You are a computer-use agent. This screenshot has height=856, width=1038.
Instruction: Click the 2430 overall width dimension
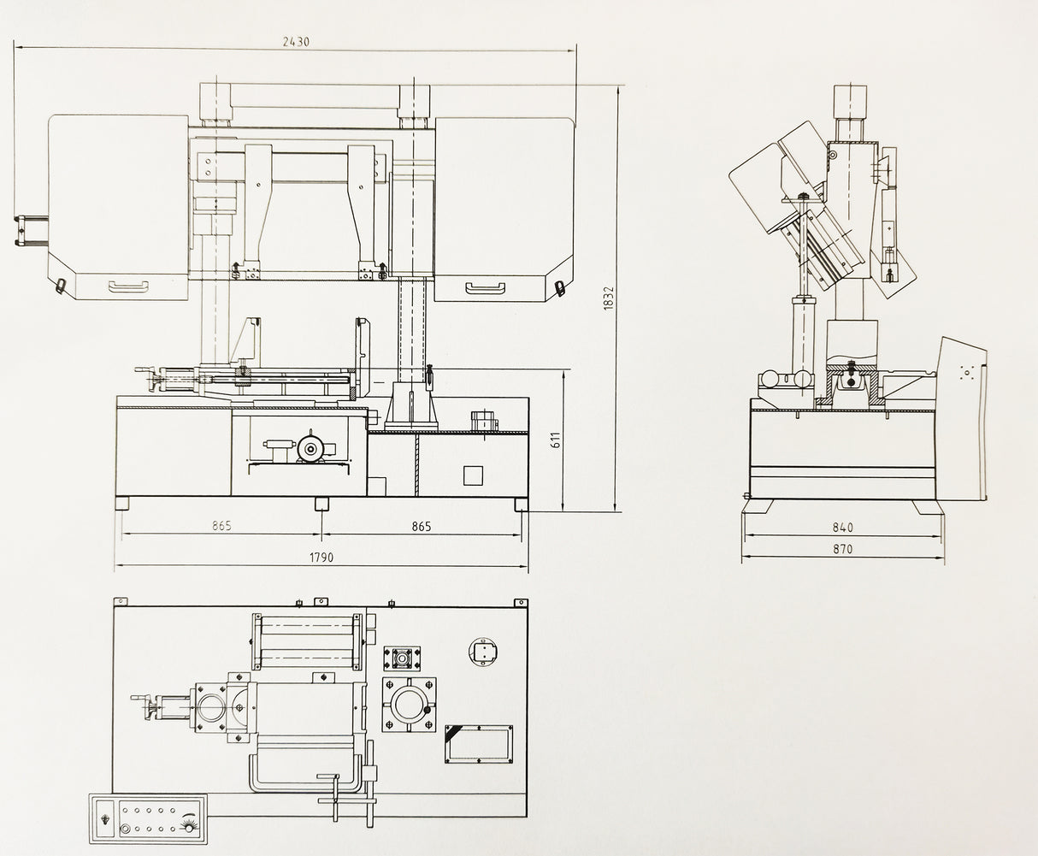coord(297,41)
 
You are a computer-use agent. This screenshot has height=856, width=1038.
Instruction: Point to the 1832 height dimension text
coord(609,298)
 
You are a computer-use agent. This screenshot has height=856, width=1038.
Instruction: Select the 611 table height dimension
coord(555,440)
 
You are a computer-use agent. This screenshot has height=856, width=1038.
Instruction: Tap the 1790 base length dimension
coord(321,557)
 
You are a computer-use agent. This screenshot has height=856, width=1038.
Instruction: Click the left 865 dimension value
coord(221,526)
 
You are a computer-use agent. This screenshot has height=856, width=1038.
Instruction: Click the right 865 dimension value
coord(421,526)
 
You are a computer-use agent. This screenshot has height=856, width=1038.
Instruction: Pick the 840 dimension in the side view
coord(842,528)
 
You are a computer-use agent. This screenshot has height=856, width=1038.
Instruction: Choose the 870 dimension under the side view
coord(842,549)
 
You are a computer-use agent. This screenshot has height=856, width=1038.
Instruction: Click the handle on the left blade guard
coord(127,286)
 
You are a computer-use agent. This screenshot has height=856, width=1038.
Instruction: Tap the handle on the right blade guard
coord(485,288)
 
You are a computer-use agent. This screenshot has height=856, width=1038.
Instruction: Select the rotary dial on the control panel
coord(188,827)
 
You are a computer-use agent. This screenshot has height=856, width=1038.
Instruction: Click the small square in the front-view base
coord(473,475)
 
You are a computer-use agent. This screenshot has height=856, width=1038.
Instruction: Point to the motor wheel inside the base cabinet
coord(310,448)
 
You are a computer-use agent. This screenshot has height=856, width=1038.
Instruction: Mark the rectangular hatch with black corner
coord(479,743)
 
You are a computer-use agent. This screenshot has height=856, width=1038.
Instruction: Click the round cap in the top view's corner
coord(483,651)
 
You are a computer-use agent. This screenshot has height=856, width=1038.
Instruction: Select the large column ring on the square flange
coord(409,704)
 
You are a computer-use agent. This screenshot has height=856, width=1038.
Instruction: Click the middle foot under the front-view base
coord(321,504)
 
